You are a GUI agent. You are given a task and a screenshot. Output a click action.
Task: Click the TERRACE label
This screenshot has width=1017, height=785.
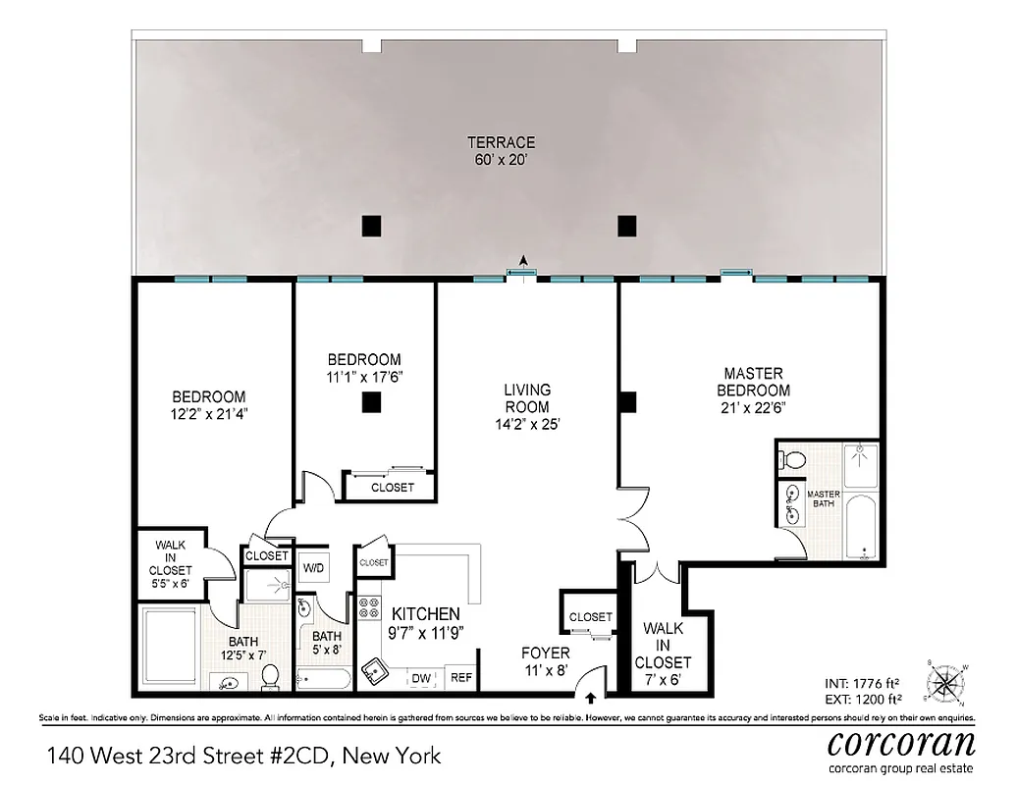501,142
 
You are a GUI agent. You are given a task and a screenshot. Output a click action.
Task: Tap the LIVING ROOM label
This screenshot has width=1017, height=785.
527,398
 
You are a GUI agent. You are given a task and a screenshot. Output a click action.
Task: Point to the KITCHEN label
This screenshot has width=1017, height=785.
426,613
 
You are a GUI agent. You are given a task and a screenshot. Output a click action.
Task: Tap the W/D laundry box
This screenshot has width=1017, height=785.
313,567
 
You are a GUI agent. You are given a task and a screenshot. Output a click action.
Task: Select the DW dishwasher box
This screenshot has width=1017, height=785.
421,678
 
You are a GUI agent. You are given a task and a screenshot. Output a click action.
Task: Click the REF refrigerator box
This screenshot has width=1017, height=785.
459,678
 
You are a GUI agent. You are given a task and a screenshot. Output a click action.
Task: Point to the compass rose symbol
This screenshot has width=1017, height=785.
949,681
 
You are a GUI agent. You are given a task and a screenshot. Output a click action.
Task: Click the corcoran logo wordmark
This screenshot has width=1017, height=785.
902,742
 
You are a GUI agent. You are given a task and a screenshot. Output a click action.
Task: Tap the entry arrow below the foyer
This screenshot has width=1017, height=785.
591,699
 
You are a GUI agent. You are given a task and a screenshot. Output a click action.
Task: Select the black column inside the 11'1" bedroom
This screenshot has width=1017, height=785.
370,401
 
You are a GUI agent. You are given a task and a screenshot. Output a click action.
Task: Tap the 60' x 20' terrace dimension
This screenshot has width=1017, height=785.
501,159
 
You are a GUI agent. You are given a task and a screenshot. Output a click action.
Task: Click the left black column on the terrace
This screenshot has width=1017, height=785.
370,226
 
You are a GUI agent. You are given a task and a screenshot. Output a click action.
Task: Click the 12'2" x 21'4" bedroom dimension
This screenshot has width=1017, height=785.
208,413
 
